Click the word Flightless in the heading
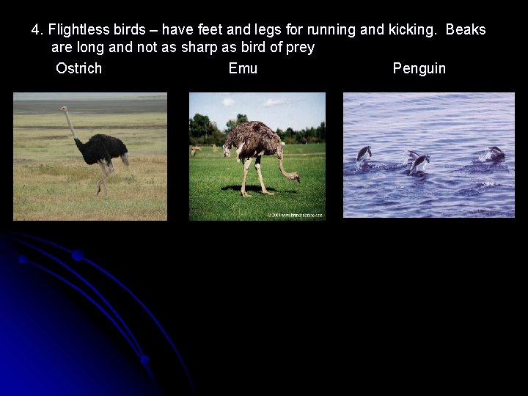[x=80, y=30]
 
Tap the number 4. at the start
[x=37, y=30]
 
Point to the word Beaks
[x=466, y=30]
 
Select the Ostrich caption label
[x=78, y=69]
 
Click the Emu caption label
[x=243, y=69]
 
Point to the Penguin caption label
[x=419, y=69]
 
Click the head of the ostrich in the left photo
[x=63, y=110]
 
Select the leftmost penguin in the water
[x=364, y=153]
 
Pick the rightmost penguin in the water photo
[x=494, y=154]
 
